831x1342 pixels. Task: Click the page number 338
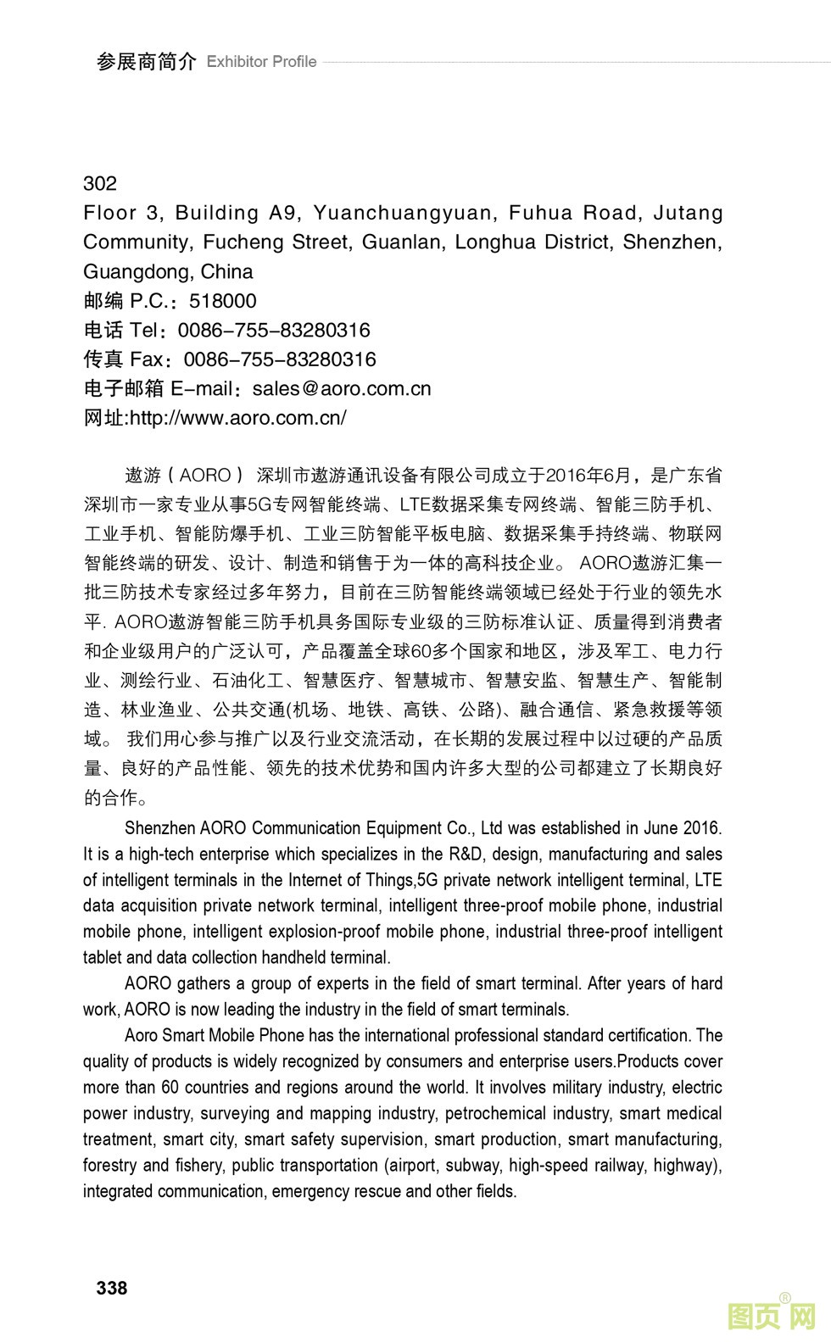click(112, 1288)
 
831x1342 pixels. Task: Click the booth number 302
click(100, 183)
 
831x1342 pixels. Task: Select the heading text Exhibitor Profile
click(261, 62)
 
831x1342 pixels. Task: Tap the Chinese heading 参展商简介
click(146, 62)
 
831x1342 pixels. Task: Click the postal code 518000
click(223, 301)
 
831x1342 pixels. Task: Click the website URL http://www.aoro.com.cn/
click(237, 418)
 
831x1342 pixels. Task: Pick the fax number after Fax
click(280, 359)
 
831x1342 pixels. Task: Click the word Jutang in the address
click(688, 213)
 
